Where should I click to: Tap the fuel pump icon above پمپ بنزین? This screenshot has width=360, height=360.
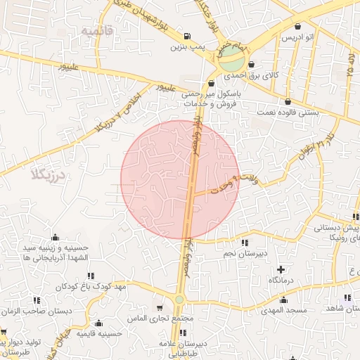click(x=186, y=37)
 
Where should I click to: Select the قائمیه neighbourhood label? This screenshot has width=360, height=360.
click(x=97, y=31)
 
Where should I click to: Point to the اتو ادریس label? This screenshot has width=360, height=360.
click(x=298, y=37)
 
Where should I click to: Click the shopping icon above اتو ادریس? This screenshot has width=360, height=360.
click(x=298, y=26)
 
